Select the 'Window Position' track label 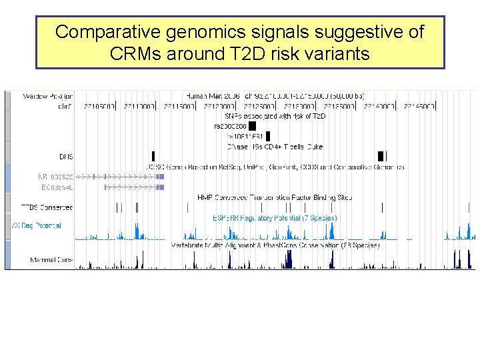click(47, 96)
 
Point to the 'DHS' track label click(65, 156)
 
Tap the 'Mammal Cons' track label click(51, 259)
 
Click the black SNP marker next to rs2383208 click(252, 126)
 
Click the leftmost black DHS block click(153, 156)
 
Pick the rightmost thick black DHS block click(381, 156)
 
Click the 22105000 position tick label click(99, 106)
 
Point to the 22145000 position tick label click(418, 106)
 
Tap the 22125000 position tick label click(259, 106)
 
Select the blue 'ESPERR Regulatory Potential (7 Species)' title click(275, 217)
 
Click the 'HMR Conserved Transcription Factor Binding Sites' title click(275, 197)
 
